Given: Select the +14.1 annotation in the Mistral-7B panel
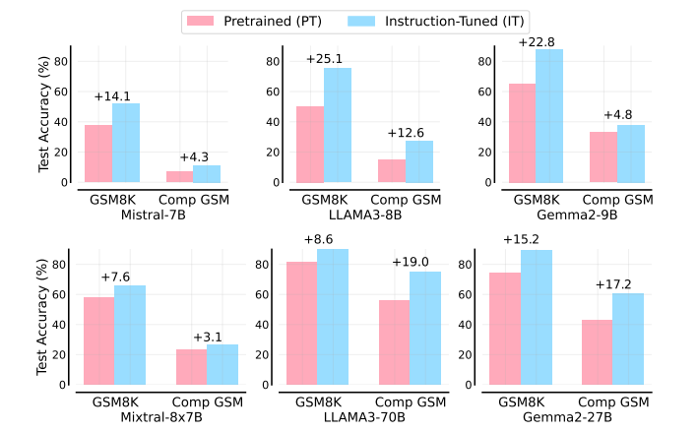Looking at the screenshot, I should pos(112,95).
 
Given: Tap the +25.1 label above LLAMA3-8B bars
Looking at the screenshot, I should pos(324,59).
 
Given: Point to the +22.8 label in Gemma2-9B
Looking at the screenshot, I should pos(536,40).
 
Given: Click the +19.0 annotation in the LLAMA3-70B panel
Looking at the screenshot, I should pos(411,262).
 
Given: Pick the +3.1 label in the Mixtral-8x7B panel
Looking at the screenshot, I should pos(208,336).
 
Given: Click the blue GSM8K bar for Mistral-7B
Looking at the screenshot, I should pos(126,143).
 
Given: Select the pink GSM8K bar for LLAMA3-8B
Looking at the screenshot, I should pos(310,145).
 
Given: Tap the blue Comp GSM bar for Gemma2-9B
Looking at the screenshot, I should pos(631,154).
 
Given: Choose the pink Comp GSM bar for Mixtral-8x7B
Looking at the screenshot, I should pos(192,367).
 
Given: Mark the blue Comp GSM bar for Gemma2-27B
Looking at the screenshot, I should pos(628,339).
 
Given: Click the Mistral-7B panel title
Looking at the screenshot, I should pos(153,214).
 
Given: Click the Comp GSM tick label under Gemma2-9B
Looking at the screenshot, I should pos(615,199).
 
